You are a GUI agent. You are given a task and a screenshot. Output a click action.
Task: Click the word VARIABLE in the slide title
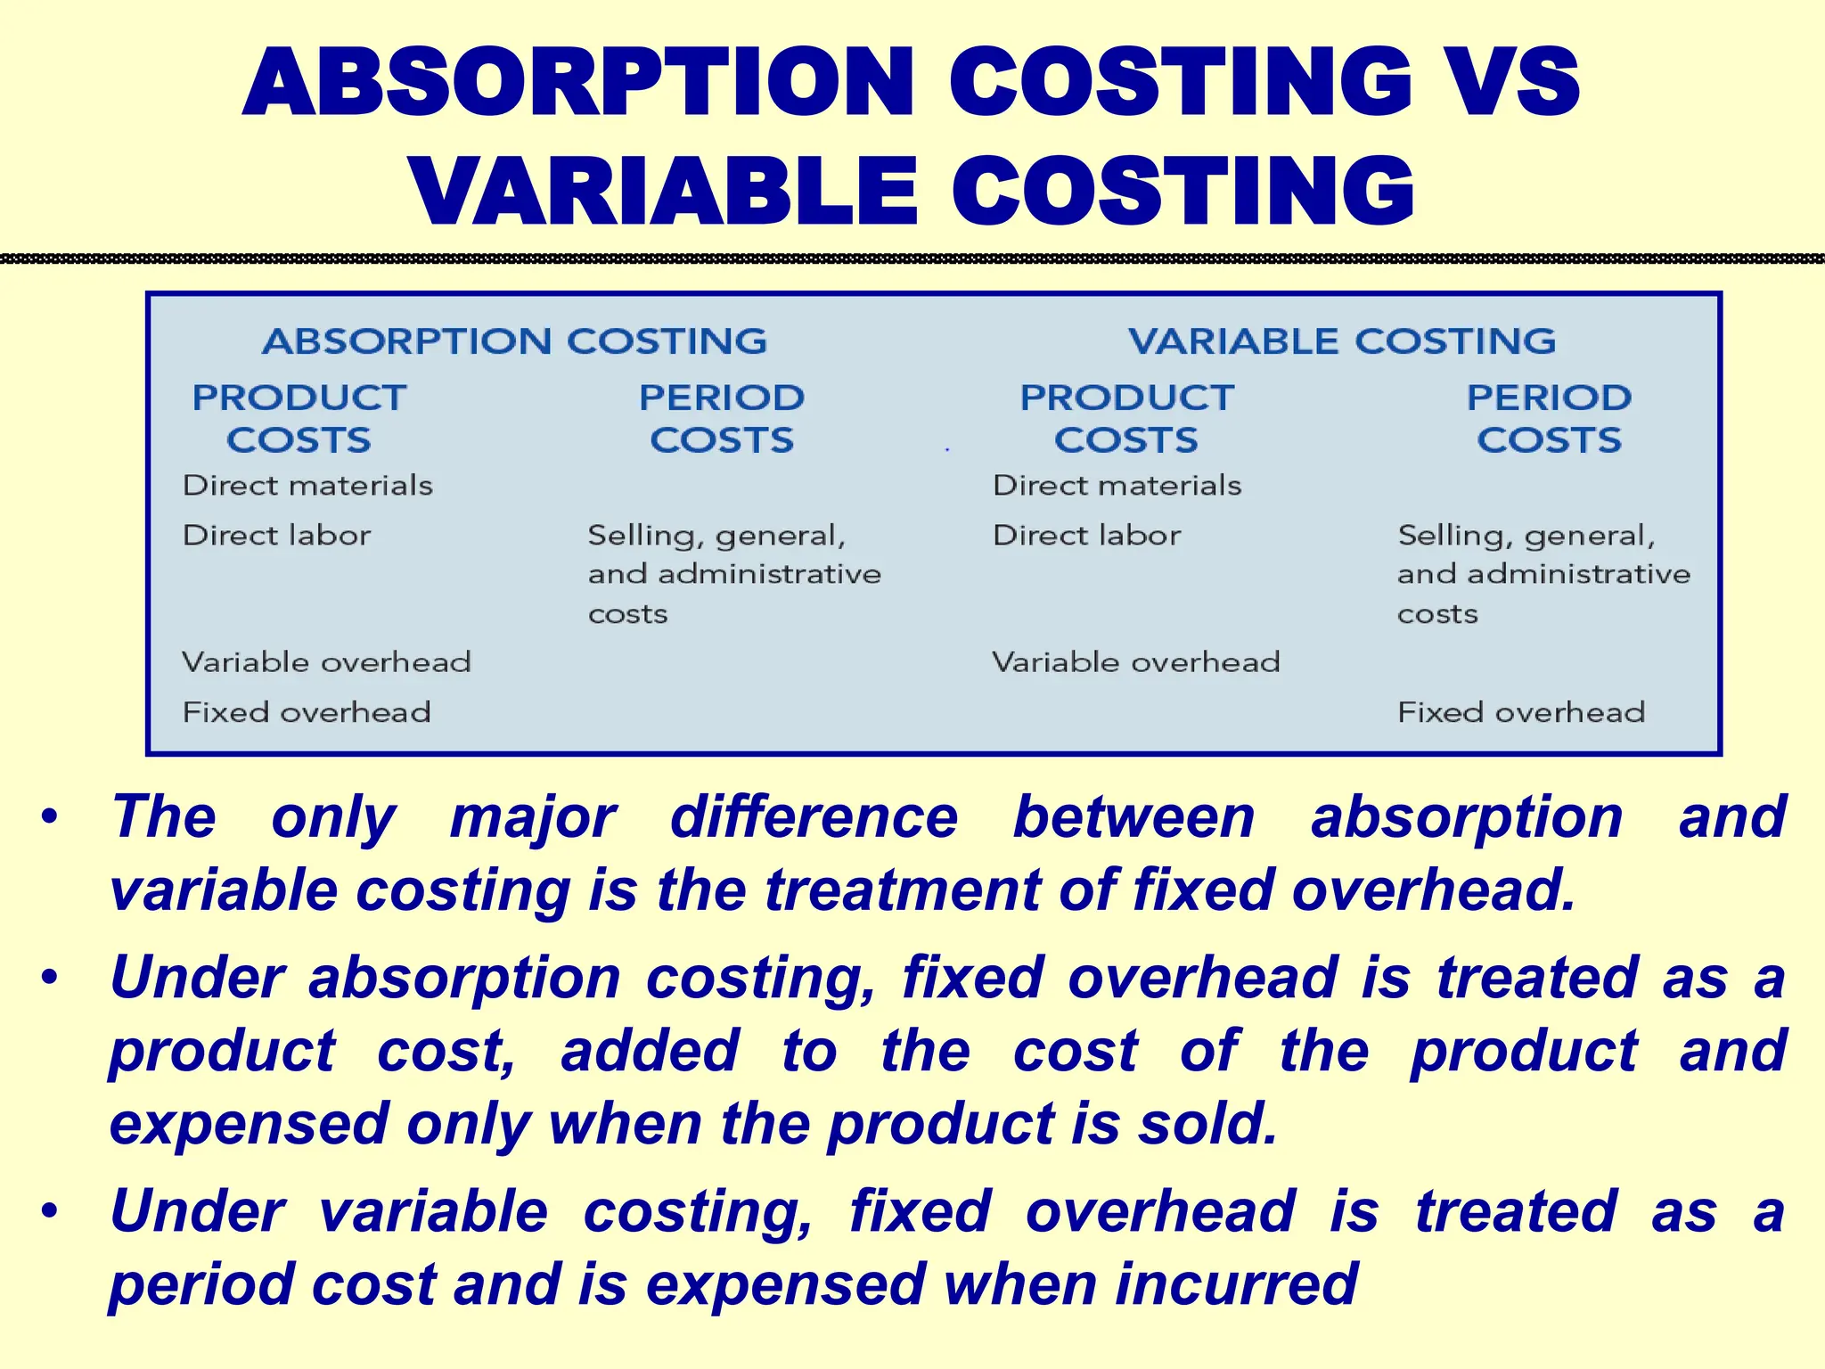[664, 192]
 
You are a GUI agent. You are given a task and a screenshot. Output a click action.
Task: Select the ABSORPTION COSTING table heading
[514, 341]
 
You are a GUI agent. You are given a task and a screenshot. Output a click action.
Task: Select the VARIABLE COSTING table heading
[1341, 341]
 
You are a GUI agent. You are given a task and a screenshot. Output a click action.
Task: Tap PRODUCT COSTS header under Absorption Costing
[299, 418]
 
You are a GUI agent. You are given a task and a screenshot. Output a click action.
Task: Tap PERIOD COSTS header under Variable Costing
[1549, 418]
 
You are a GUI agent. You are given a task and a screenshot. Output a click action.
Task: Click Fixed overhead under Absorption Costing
[307, 712]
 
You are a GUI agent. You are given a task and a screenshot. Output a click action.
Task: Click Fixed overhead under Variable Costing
[1520, 712]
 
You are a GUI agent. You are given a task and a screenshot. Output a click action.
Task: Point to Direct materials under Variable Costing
[1117, 486]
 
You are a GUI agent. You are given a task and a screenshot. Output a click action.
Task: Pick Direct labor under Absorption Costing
[276, 536]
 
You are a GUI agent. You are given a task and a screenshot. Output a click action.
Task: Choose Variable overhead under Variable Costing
[1135, 662]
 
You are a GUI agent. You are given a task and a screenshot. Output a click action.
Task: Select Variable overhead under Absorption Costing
[326, 662]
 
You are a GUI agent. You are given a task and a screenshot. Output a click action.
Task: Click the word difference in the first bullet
[814, 817]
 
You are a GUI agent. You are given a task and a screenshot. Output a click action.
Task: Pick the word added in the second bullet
[650, 1051]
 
